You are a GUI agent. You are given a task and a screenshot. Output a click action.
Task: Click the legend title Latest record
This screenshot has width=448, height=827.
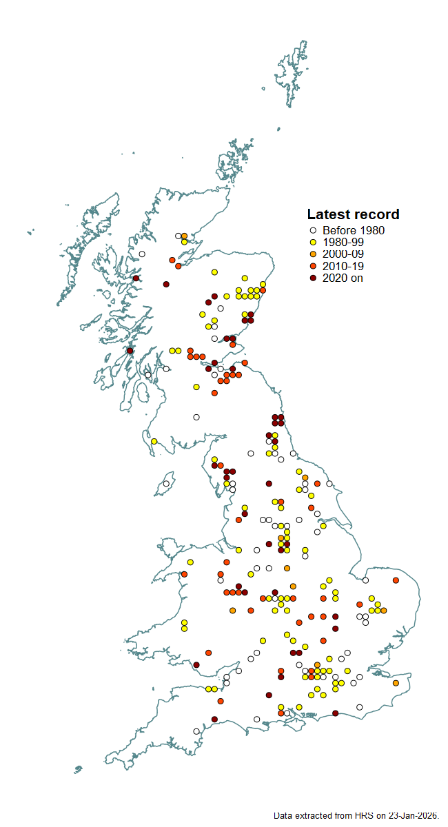point(353,214)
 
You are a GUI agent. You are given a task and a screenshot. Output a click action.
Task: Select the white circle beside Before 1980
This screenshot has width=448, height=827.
point(313,231)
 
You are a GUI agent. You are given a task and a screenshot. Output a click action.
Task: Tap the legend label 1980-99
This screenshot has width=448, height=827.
point(343,243)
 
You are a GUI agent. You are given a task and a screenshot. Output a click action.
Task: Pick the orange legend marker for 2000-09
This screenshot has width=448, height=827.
point(313,254)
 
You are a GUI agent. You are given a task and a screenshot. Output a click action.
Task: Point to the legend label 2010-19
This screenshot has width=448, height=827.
point(343,266)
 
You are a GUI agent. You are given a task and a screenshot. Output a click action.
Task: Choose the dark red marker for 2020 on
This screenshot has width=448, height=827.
point(313,278)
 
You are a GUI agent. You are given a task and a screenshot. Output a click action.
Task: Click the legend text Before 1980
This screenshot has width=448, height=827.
point(354,231)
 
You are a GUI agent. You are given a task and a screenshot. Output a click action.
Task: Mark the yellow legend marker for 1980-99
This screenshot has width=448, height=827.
point(313,243)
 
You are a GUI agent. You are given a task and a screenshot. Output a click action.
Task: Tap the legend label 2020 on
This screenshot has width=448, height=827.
point(343,278)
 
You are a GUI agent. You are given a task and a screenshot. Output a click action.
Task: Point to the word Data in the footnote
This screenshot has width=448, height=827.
point(283,815)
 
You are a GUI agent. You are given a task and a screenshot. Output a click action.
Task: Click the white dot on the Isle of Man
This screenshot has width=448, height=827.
point(166,484)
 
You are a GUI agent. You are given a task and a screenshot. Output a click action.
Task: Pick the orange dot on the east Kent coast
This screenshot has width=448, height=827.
point(396,683)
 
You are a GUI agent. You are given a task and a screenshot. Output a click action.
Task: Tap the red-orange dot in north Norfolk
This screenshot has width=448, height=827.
point(396,580)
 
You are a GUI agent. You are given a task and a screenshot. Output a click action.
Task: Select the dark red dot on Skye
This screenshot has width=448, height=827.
point(136,278)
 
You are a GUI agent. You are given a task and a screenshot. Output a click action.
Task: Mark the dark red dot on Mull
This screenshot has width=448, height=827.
point(130,350)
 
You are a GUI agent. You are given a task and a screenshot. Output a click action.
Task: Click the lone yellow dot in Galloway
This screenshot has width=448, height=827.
point(154,441)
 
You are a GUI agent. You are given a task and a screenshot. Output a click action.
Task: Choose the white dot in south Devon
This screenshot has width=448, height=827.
point(196,731)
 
